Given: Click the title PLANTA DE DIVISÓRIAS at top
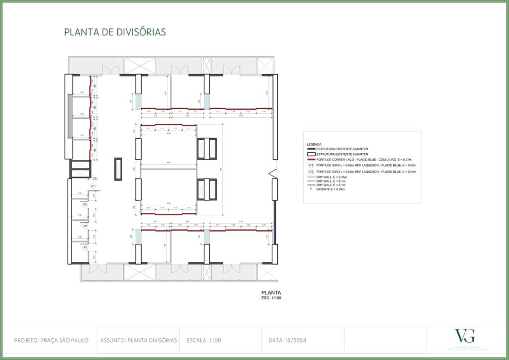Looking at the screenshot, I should tap(115, 32).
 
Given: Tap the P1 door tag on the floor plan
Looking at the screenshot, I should tap(92, 186).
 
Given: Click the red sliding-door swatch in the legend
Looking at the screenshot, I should tap(312, 159).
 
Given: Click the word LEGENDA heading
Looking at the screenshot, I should tap(314, 144).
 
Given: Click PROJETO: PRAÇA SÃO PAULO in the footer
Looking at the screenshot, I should tap(51, 341).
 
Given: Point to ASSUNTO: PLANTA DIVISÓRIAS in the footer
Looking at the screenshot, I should tap(138, 341).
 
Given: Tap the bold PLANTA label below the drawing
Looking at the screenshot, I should tap(271, 292).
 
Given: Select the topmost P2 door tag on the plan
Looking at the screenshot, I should tap(85, 204).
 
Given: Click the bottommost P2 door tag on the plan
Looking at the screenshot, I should tap(85, 247).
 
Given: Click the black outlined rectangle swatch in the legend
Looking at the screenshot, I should tap(312, 154).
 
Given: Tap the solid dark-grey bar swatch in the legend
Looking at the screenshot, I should tap(312, 149).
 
